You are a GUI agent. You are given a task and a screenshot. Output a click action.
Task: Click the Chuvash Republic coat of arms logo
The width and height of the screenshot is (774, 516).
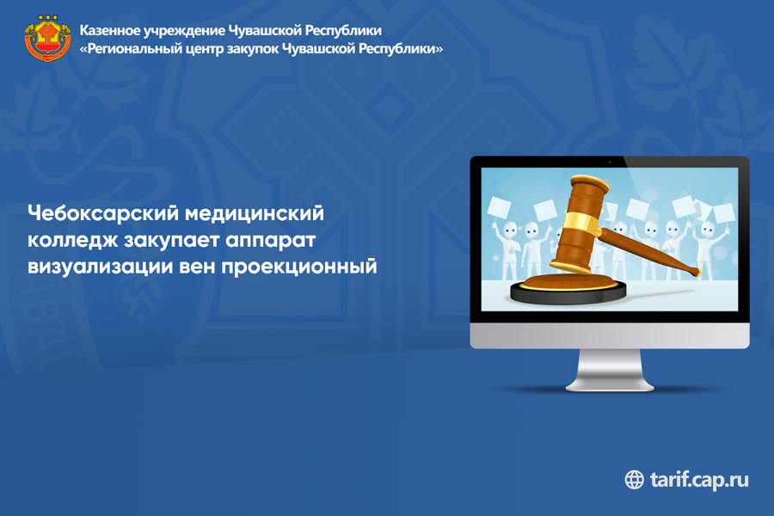[x=47, y=39]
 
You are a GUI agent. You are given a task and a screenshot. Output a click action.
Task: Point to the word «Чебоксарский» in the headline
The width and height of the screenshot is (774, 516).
[x=103, y=213]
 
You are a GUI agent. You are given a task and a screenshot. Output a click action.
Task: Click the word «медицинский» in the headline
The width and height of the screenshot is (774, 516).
[x=255, y=213]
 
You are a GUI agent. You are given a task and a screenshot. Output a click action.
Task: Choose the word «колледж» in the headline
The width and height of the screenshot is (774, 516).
[x=72, y=241]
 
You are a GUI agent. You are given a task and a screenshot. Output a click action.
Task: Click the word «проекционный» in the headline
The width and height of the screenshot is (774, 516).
[x=299, y=266]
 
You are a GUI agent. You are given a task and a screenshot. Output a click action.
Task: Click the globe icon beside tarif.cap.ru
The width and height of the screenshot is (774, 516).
[x=635, y=480]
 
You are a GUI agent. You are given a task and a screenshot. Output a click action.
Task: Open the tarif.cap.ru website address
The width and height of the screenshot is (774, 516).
[x=699, y=480]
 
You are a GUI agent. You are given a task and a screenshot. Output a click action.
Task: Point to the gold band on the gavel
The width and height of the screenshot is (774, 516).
[x=581, y=223]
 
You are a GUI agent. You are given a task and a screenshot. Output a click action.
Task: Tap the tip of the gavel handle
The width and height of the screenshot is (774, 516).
[x=696, y=271]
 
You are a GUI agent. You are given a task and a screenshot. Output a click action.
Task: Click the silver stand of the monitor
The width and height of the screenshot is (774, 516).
[x=610, y=370]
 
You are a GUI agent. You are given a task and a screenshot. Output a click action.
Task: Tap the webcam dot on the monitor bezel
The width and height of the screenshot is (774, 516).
[x=610, y=162]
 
